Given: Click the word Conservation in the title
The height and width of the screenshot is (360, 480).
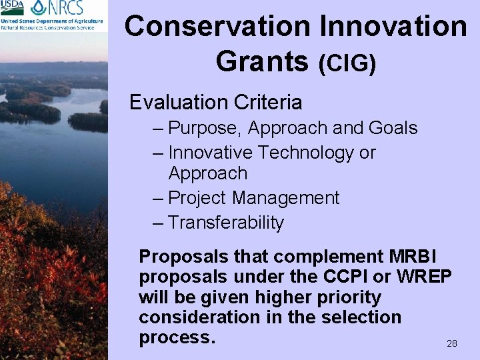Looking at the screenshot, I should click(217, 27).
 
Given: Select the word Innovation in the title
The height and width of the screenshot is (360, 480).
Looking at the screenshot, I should click(394, 27).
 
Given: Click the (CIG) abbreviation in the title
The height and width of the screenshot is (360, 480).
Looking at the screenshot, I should click(347, 63).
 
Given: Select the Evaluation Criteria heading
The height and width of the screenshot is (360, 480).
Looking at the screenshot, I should click(215, 103).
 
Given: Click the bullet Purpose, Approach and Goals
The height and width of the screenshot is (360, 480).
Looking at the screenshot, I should click(293, 128).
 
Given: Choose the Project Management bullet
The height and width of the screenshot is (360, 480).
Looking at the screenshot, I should click(253, 198).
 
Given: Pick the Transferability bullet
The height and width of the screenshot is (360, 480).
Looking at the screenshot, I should click(226, 223).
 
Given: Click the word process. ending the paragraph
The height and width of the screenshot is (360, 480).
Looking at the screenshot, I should click(177, 337).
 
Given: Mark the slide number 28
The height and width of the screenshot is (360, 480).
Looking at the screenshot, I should click(451, 343).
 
